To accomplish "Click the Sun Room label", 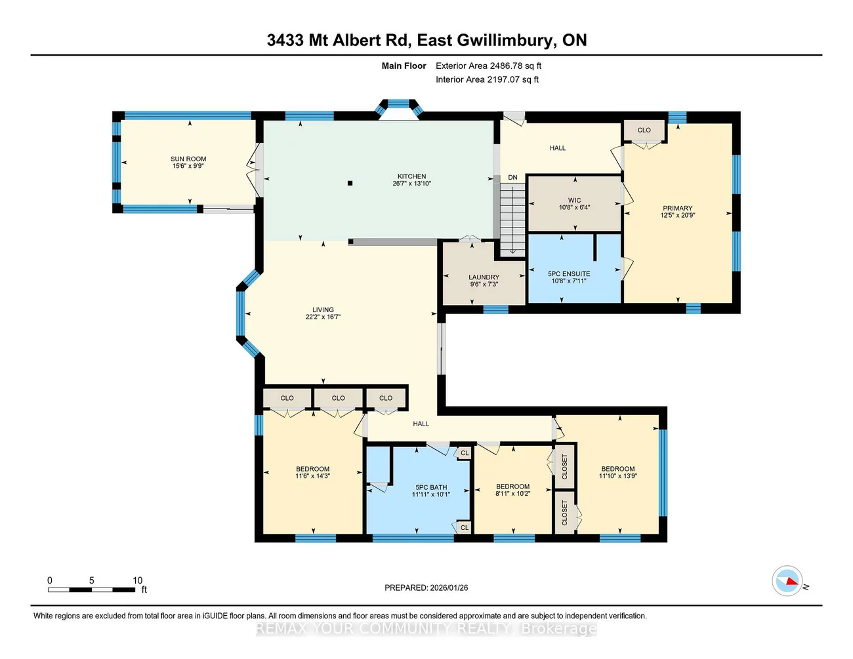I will coord(188,159).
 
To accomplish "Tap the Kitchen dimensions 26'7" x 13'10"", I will coord(411,184).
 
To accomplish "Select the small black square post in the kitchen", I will coord(350,184).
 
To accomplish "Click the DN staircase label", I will coord(512,178).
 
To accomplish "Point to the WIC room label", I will coord(574,201).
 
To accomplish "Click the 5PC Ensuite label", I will coord(569,274).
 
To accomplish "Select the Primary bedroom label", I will coord(677,209).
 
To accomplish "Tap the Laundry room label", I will coord(484,277).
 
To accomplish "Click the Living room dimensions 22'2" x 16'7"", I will coord(323,317).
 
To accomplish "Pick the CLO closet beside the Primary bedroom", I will coord(644,130).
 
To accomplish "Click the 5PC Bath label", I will coord(431,487).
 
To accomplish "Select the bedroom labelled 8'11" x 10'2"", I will coord(512,490).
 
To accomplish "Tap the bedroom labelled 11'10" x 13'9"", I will coord(617,473).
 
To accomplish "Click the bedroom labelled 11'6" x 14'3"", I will coord(312,473).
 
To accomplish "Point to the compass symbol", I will coord(787,581).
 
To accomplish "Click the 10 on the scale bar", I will coord(138,580).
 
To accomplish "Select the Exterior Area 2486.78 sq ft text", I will coord(488,66).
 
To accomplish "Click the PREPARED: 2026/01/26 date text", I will coord(426,588).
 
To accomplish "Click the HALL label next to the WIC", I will coord(558,148).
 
